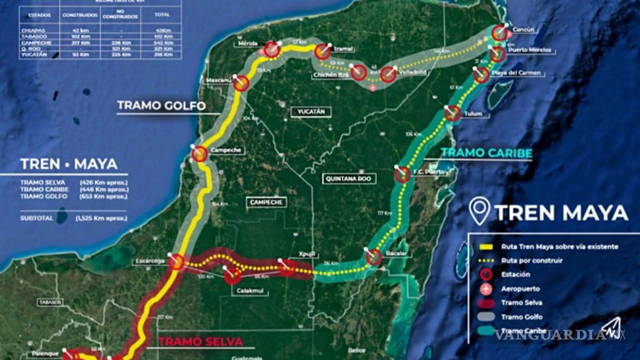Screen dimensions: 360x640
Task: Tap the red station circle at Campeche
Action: pos(200,154)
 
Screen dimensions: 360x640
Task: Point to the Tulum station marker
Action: pos(453,113)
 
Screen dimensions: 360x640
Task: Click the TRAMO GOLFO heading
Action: pos(161,106)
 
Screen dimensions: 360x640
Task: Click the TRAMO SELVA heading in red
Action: pos(201,342)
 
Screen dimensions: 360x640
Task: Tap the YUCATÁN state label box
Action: pos(311,112)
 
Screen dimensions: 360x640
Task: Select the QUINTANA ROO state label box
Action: pos(349,179)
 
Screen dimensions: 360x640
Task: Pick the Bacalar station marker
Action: pos(374,257)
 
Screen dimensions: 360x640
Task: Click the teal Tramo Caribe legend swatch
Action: pos(487,332)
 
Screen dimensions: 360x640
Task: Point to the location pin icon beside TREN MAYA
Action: pos(479,211)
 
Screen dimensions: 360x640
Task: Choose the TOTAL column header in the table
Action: pos(162,14)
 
